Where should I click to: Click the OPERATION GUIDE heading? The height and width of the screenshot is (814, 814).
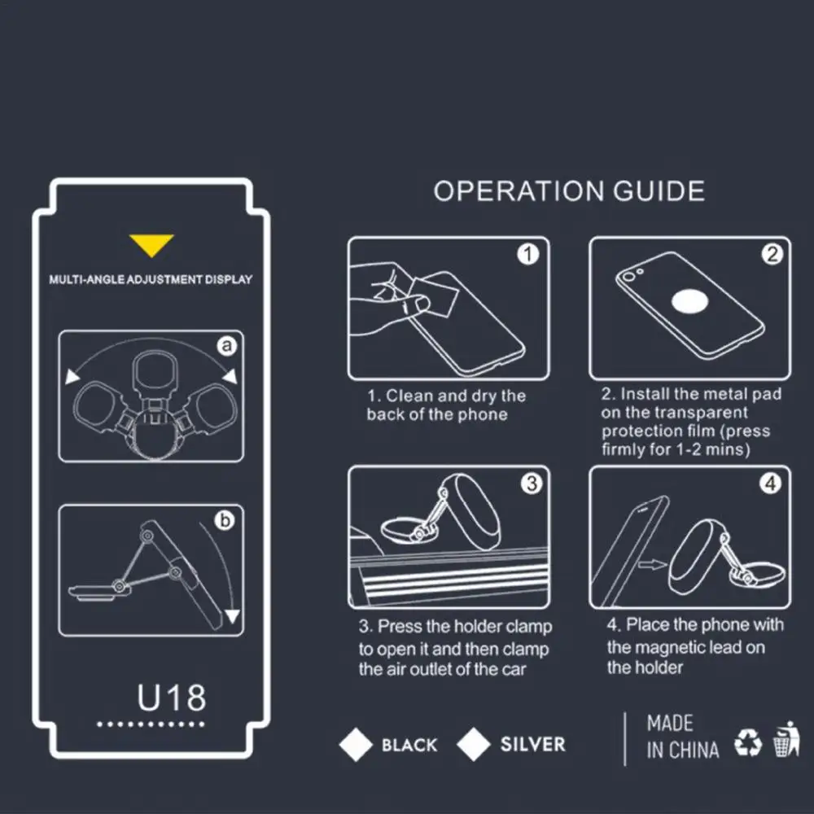569,191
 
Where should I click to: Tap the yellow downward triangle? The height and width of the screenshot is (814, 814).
151,245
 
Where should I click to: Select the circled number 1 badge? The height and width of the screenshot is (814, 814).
528,255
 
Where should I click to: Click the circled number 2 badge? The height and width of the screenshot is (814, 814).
771,255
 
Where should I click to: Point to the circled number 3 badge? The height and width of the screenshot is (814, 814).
531,484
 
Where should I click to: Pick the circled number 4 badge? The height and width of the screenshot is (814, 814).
771,484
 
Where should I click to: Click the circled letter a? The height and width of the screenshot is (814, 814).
228,347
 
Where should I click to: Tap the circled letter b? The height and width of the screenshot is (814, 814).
225,522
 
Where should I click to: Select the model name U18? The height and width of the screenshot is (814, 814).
171,698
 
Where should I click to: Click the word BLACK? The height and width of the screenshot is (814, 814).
409,745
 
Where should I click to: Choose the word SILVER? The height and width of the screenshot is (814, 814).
532,744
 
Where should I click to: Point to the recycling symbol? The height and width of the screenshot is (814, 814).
747,742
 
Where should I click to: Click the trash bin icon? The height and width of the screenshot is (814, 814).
786,738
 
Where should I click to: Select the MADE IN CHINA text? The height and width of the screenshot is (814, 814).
682,737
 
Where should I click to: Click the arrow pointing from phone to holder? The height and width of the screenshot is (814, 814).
651,562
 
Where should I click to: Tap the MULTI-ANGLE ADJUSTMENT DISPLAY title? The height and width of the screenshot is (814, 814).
151,279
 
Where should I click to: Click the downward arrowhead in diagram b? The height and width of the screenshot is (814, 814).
233,616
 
